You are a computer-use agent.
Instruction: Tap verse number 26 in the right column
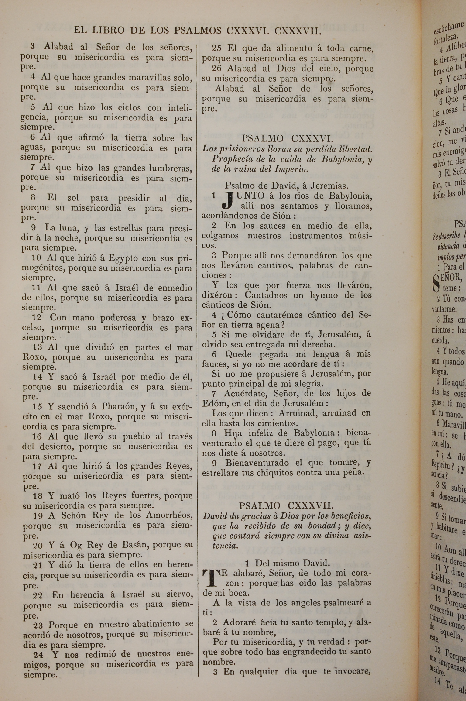point(217,68)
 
